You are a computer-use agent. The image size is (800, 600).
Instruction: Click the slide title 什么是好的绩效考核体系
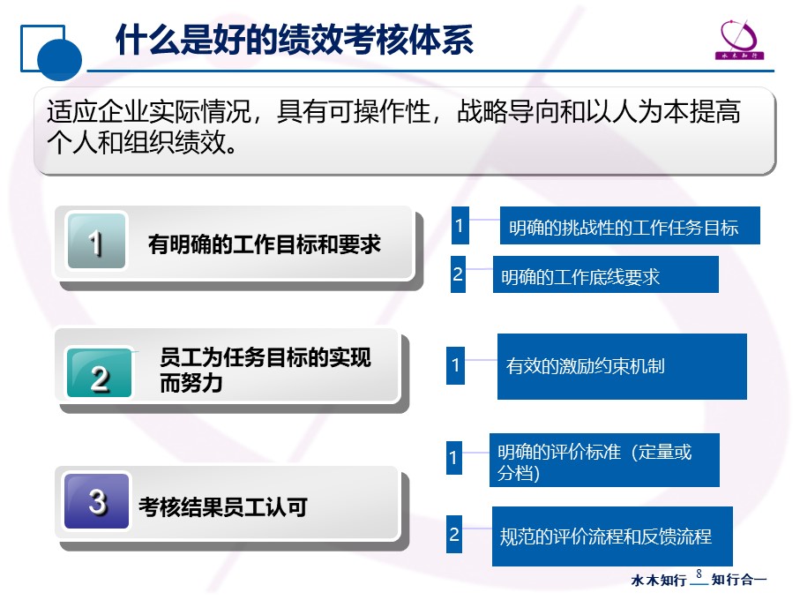point(295,40)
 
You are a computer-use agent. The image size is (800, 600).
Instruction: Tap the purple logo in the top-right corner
point(739,40)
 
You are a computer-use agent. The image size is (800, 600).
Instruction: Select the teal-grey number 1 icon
point(96,241)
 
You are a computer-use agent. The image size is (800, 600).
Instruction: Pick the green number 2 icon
point(99,373)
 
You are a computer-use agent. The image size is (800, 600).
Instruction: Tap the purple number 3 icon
point(96,501)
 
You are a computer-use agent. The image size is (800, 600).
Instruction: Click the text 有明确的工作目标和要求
point(265,244)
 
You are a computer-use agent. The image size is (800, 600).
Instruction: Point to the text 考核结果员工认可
point(223,507)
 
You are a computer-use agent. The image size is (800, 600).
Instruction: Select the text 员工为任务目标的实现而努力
point(265,370)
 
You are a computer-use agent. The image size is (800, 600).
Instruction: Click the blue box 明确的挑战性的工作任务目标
point(630,226)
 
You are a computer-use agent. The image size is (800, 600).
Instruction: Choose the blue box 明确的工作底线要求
point(606,274)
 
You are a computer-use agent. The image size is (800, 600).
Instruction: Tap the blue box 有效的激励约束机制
point(622,366)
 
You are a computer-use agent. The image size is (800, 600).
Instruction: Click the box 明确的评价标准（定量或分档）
point(604,461)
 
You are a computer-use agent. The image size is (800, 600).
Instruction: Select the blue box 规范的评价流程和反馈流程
point(612,536)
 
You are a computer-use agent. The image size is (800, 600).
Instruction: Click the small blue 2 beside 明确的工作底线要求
point(458,274)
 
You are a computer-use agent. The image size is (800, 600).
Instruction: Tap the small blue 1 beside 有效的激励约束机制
point(455,365)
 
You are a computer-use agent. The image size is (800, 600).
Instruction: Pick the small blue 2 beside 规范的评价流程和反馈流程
point(454,534)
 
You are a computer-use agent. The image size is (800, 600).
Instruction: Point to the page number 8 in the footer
point(699,574)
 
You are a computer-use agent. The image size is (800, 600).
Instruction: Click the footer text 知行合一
point(739,580)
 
